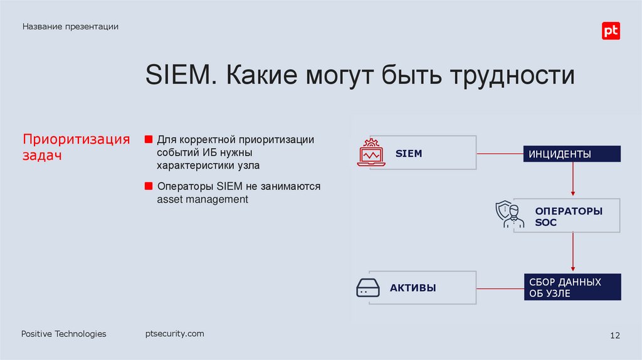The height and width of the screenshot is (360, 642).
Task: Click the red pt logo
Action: (611, 31)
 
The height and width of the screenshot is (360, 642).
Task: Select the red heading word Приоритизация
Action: (76, 139)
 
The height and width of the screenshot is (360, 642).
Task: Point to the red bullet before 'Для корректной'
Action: (149, 139)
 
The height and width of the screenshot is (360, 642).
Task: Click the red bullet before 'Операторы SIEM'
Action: (149, 186)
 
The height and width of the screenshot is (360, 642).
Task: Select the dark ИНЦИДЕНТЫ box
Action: (572, 154)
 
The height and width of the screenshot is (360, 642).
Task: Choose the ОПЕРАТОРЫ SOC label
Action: (569, 216)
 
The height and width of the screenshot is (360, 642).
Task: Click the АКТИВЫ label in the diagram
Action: (413, 289)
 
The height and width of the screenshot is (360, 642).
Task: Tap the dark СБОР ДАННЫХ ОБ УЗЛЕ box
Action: (572, 287)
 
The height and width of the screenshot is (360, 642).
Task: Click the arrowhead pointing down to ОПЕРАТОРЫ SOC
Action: (572, 193)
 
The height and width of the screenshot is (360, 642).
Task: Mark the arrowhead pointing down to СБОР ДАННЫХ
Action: (572, 269)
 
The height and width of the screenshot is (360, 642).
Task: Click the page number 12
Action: (614, 336)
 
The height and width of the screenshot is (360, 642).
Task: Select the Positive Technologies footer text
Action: (64, 334)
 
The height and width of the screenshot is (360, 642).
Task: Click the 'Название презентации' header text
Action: (71, 26)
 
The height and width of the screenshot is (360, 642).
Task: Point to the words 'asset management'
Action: (203, 199)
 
